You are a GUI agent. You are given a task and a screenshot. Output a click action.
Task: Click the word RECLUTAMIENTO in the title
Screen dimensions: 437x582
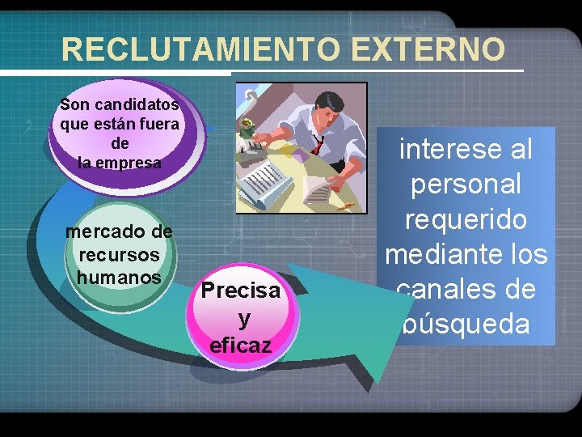[202, 50]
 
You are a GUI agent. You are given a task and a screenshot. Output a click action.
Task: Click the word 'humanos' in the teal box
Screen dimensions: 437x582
[119, 277]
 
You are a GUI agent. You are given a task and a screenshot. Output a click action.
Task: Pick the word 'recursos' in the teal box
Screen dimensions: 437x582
[119, 254]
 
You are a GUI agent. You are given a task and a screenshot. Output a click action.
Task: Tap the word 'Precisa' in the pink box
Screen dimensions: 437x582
[241, 290]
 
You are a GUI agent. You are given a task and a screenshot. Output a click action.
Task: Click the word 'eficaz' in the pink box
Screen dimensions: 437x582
[241, 346]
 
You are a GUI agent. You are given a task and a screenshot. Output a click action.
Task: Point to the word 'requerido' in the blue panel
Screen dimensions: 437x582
[466, 219]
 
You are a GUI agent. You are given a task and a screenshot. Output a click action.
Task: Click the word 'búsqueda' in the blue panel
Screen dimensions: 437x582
[466, 324]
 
